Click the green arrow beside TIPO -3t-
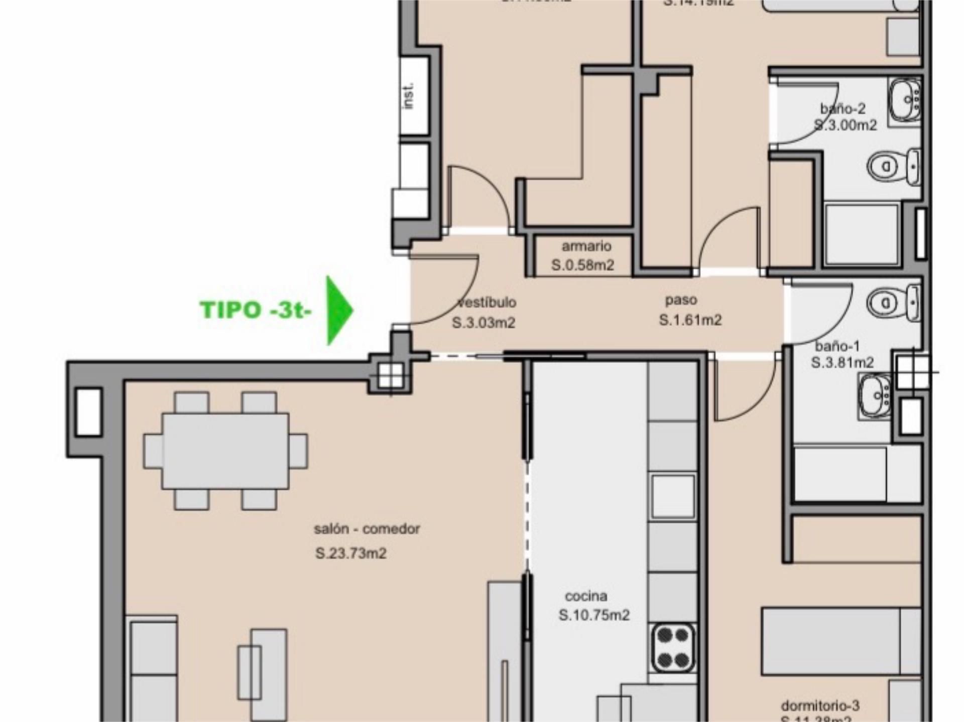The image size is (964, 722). [x=338, y=310]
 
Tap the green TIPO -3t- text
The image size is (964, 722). [x=256, y=310]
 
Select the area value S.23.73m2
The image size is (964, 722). [x=351, y=553]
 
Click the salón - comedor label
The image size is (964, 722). [x=367, y=529]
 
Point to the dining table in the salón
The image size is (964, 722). [x=225, y=451]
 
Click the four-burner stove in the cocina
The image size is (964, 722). [x=673, y=648]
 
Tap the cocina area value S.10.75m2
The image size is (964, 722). [x=594, y=615]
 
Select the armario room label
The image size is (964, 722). [x=586, y=246]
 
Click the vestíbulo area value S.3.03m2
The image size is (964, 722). [x=484, y=323]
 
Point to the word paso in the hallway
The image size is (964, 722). [x=681, y=300]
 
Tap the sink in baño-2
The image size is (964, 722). [x=906, y=100]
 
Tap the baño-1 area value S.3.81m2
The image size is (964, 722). [x=842, y=362]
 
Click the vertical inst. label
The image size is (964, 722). [x=409, y=96]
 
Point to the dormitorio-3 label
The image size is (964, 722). [x=820, y=706]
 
